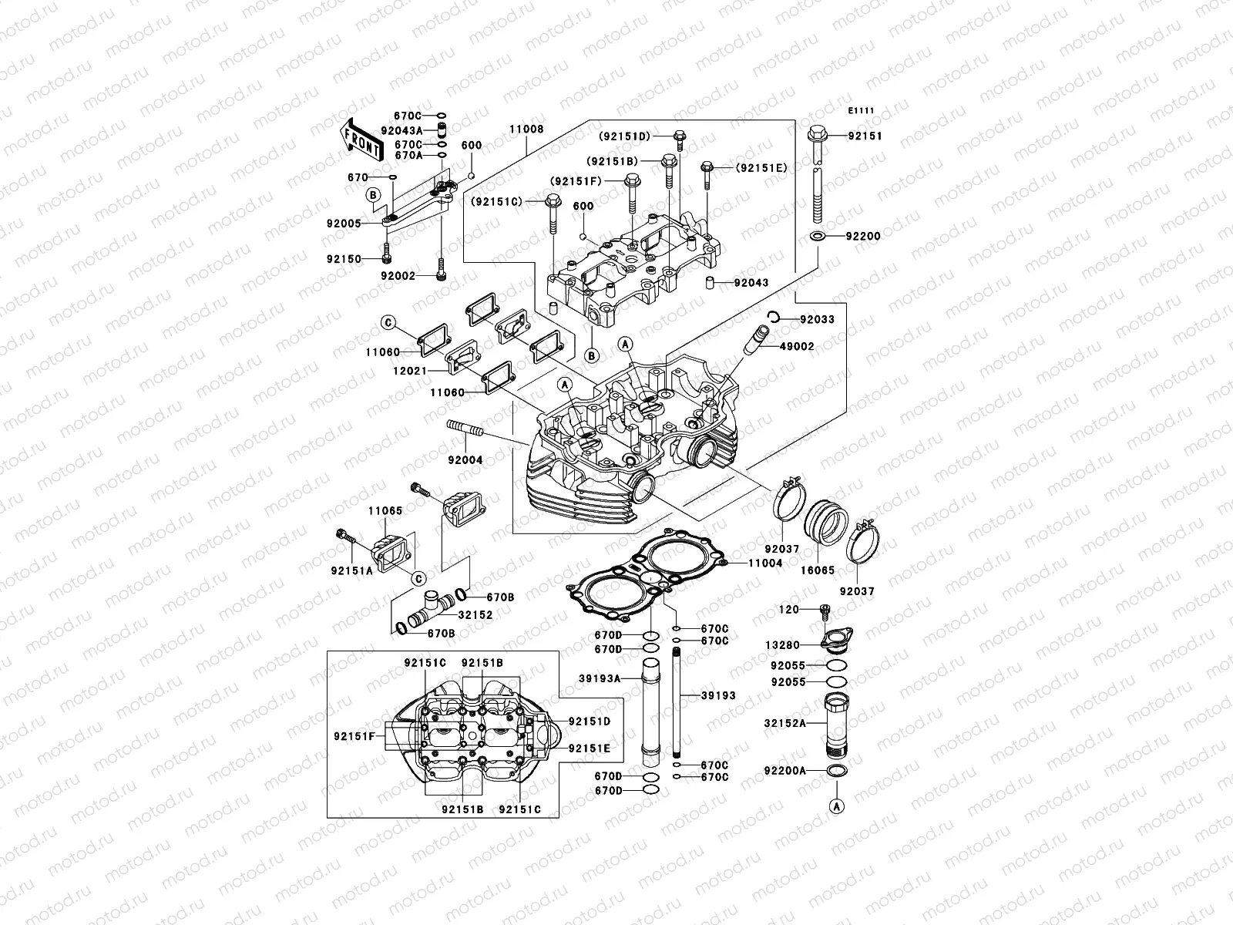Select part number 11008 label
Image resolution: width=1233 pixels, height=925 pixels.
[526, 129]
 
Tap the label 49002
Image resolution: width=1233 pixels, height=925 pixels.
[796, 347]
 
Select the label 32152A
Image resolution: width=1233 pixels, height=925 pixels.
[784, 723]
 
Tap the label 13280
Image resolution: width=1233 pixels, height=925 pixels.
[782, 645]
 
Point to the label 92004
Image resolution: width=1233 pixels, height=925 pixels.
[465, 460]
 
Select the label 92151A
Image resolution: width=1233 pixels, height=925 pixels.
[351, 571]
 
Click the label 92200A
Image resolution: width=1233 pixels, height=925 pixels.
[784, 770]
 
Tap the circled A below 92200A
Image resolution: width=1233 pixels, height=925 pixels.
[835, 806]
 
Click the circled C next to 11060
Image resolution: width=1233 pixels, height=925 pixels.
[388, 322]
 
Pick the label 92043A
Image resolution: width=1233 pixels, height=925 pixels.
[401, 130]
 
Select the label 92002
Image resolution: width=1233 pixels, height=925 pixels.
[398, 275]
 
